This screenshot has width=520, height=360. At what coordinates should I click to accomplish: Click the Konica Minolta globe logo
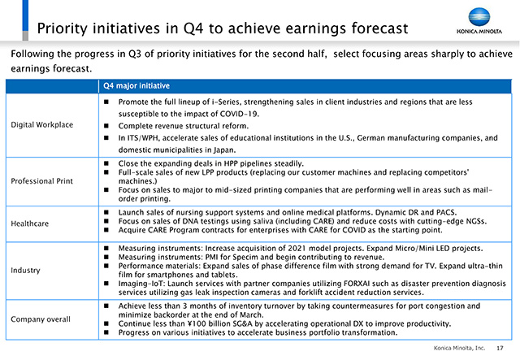(479, 17)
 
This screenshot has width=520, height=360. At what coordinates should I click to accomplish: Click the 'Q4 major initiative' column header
(136, 86)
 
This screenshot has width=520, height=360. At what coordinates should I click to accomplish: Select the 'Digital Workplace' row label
(41, 125)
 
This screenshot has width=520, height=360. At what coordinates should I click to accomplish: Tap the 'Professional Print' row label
(41, 181)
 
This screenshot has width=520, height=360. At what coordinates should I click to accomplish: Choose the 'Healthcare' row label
(30, 223)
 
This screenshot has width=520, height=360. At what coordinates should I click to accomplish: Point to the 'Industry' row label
(25, 271)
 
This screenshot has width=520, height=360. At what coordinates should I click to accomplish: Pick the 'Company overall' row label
(41, 319)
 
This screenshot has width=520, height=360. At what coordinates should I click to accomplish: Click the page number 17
(500, 348)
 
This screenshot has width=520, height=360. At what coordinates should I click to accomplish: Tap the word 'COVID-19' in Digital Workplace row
(239, 114)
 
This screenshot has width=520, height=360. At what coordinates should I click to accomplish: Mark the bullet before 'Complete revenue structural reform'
(106, 126)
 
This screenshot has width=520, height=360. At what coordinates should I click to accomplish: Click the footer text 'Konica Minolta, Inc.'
(459, 348)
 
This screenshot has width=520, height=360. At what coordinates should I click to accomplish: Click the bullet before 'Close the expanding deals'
(106, 163)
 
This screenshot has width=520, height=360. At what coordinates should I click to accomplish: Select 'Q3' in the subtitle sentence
(135, 54)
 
